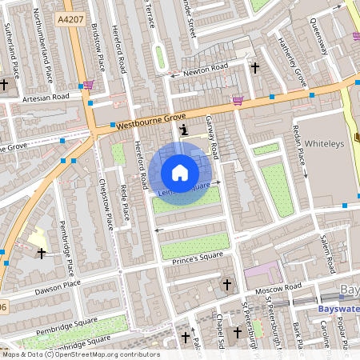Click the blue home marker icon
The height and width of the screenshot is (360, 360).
click(x=180, y=173)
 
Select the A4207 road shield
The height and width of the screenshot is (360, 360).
click(x=72, y=17)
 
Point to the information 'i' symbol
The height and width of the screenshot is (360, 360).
click(x=185, y=129)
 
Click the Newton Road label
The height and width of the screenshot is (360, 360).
click(x=207, y=70)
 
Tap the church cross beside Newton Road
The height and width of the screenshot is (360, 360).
click(x=255, y=68)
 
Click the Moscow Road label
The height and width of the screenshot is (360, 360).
click(x=281, y=286)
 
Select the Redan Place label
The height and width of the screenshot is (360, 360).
click(x=302, y=146)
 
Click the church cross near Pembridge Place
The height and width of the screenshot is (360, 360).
click(x=42, y=253)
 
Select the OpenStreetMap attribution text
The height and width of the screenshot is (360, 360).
click(x=81, y=354)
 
